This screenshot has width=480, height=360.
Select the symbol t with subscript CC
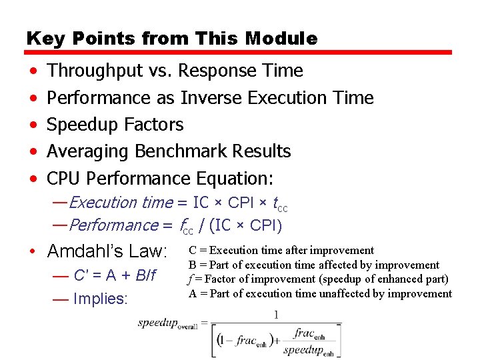click(280, 204)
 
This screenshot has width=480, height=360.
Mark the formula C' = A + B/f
click(114, 275)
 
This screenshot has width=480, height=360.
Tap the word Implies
click(100, 299)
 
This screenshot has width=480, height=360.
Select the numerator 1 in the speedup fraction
click(276, 314)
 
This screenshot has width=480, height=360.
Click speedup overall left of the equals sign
click(167, 325)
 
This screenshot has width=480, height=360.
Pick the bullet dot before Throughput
click(33, 71)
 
